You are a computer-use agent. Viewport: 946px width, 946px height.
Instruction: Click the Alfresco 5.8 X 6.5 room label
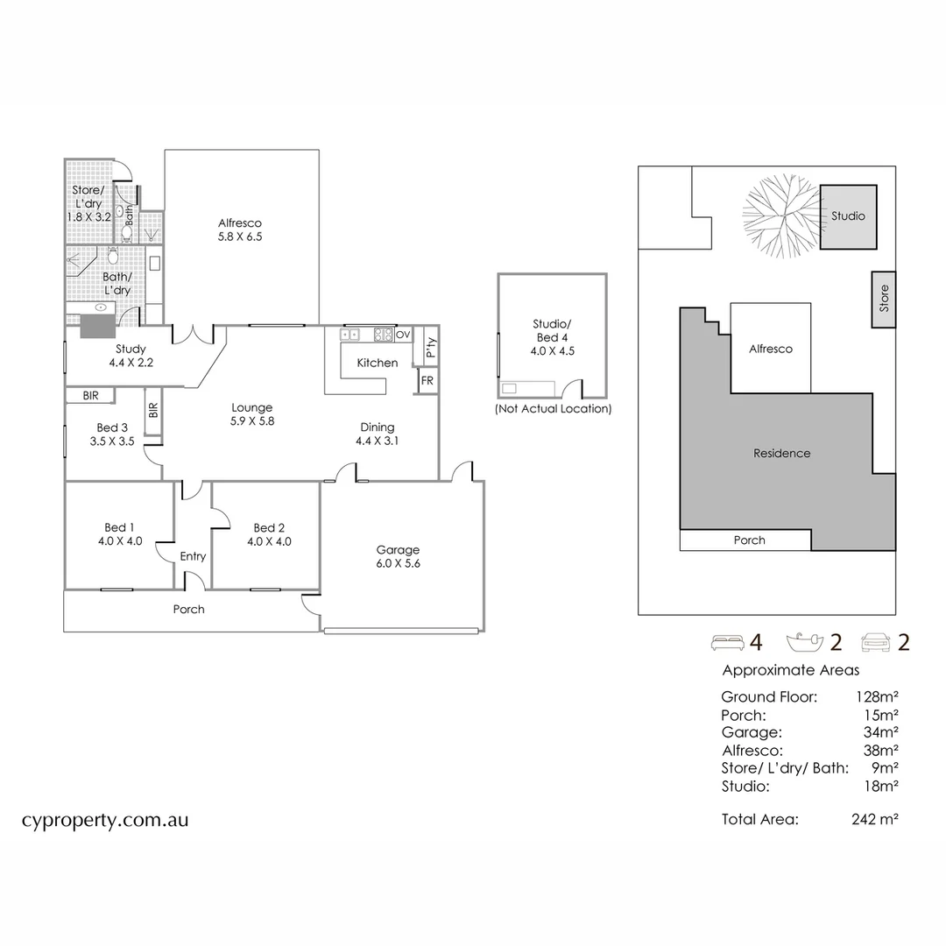(240, 229)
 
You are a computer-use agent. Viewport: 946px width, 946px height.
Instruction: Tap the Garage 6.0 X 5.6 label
(399, 557)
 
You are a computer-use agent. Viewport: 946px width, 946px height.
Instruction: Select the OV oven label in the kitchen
(403, 335)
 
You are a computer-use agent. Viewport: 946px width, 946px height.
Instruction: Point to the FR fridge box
(427, 381)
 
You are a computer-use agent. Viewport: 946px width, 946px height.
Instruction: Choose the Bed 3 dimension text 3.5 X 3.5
(111, 442)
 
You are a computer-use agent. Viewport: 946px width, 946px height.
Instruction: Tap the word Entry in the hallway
(193, 556)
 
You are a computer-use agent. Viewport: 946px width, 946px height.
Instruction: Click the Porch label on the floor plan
(188, 609)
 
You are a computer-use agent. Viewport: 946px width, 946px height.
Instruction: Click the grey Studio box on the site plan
(848, 216)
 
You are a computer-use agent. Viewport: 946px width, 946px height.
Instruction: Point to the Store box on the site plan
(883, 300)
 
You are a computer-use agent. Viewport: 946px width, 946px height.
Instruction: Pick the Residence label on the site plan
(781, 454)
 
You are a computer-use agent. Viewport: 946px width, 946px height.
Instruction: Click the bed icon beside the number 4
(726, 643)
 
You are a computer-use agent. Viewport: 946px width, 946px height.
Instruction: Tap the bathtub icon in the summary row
(806, 643)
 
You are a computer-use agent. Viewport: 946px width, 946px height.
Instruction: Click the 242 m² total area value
(874, 820)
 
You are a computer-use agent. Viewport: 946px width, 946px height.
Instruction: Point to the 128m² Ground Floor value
(877, 697)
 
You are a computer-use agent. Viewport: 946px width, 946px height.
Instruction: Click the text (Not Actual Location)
(553, 409)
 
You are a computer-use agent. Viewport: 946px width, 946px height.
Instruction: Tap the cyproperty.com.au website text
(104, 821)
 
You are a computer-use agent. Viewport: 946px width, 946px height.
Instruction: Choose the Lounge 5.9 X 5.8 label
(252, 413)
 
